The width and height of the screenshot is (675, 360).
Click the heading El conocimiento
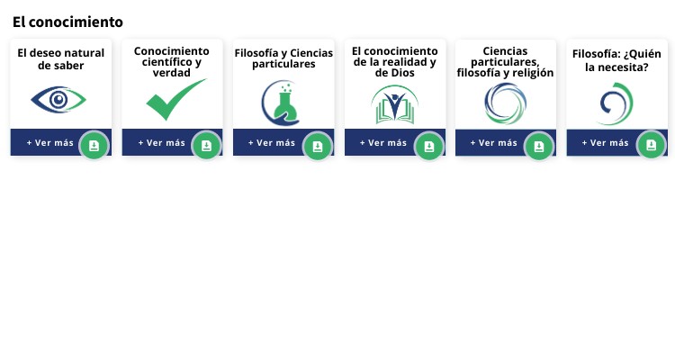click(x=67, y=22)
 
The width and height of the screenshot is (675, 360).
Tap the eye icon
click(x=58, y=99)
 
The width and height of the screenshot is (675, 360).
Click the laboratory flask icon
click(x=282, y=103)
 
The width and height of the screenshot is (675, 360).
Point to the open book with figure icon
click(x=394, y=104)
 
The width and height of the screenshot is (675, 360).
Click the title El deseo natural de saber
click(x=61, y=58)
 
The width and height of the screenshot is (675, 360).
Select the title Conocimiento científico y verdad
click(x=172, y=61)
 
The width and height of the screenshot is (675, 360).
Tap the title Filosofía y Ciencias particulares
click(x=283, y=58)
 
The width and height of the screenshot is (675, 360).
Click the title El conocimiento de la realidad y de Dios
click(x=394, y=61)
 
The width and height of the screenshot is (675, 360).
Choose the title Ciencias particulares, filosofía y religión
click(x=505, y=62)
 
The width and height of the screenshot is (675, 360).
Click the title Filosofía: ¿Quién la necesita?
click(x=616, y=58)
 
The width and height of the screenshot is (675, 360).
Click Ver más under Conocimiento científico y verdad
click(x=161, y=142)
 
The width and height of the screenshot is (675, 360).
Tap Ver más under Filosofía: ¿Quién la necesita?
click(x=605, y=142)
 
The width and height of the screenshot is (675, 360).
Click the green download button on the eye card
click(x=94, y=146)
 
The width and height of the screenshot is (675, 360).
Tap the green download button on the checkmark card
click(x=206, y=146)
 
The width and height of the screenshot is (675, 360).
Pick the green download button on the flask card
click(x=318, y=146)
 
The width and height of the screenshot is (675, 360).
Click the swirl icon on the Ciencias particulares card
click(x=505, y=103)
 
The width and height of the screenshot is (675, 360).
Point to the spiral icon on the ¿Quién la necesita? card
click(x=616, y=103)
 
